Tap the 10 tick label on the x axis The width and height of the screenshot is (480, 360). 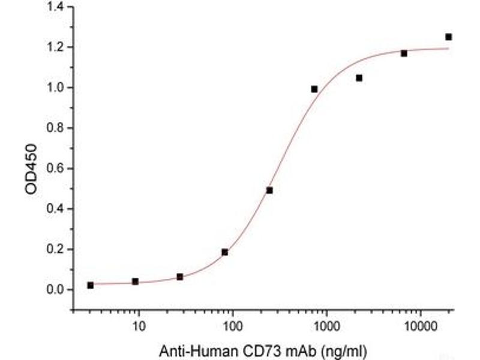click(139, 327)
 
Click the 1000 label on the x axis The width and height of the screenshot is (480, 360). click(326, 327)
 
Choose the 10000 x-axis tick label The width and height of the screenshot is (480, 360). click(420, 327)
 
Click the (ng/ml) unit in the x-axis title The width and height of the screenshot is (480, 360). click(344, 350)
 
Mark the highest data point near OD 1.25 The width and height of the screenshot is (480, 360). click(449, 37)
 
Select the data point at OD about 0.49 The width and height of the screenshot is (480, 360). click(269, 190)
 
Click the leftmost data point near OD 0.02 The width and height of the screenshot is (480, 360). click(90, 285)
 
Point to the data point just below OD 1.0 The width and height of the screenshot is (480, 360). click(314, 89)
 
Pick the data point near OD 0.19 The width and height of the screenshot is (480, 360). click(224, 252)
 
